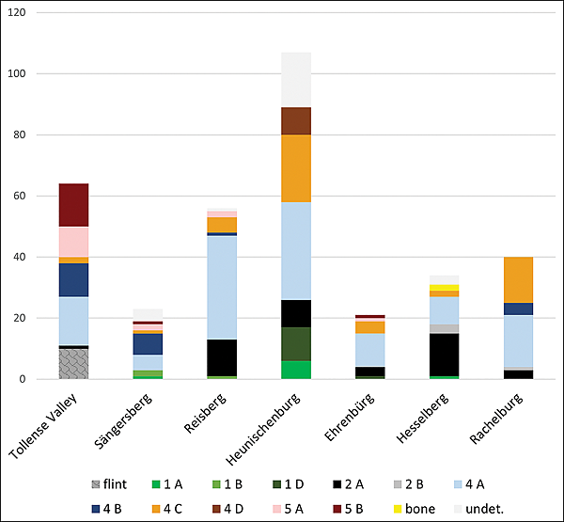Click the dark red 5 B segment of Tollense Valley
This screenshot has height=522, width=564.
pos(73,205)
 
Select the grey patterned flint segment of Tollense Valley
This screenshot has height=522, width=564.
pos(73,363)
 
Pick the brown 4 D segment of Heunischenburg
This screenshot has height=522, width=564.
pos(296,121)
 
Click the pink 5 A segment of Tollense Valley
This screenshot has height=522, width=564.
pos(73,242)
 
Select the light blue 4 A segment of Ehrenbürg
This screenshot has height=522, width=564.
pos(370,350)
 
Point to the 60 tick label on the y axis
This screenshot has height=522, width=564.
pos(19,197)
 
